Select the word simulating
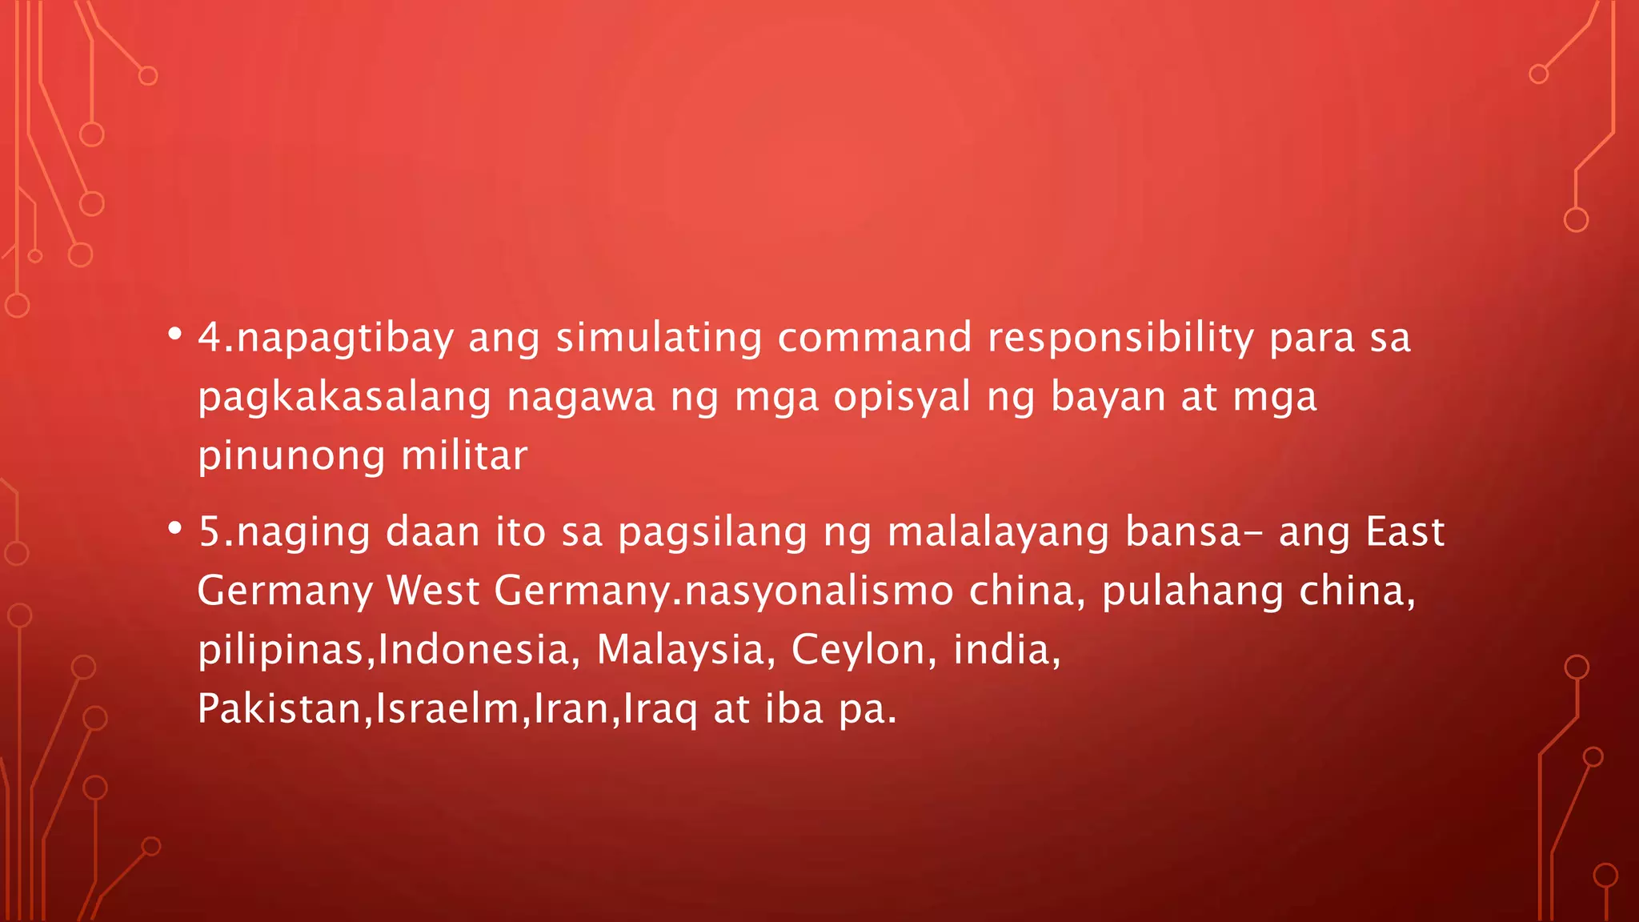pos(659,338)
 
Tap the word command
pos(875,338)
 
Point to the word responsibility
pos(1120,338)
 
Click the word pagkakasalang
pos(344,398)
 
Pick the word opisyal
pos(902,398)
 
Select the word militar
pos(464,456)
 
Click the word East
pos(1405,531)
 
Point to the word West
pos(433,591)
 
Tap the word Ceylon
pos(859,650)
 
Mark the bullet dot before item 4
pos(174,335)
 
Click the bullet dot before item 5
pos(174,530)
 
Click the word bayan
pos(1108,398)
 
